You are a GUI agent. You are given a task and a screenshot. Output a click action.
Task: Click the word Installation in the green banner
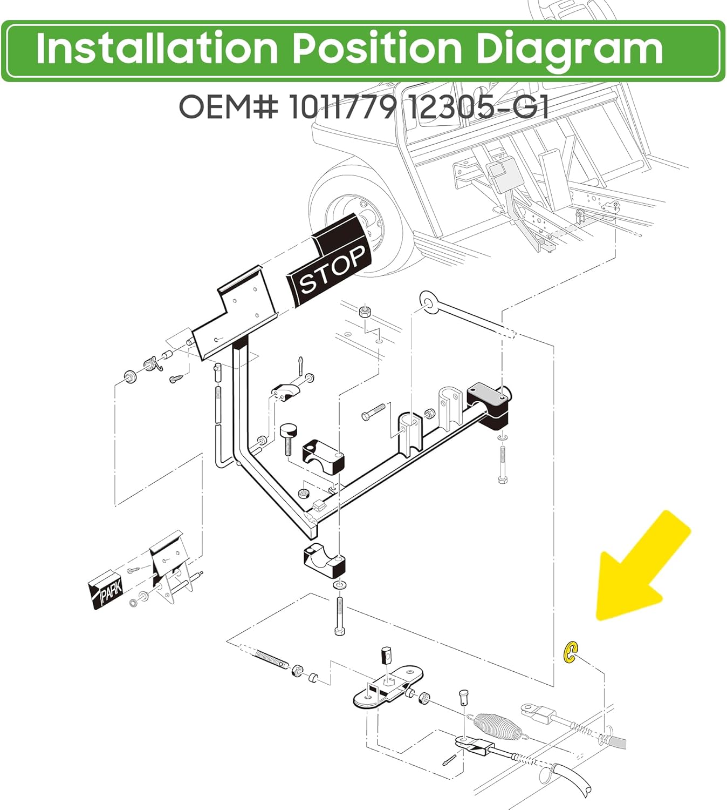pos(157,48)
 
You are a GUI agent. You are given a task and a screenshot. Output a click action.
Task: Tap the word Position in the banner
pos(377,48)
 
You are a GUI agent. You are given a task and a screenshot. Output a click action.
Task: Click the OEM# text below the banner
pos(229,107)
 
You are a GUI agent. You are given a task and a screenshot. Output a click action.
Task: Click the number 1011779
pos(341,107)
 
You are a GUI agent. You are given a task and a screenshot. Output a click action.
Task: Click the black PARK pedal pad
pos(105,590)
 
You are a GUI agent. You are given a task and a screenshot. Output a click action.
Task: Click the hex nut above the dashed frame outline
pos(365,312)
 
